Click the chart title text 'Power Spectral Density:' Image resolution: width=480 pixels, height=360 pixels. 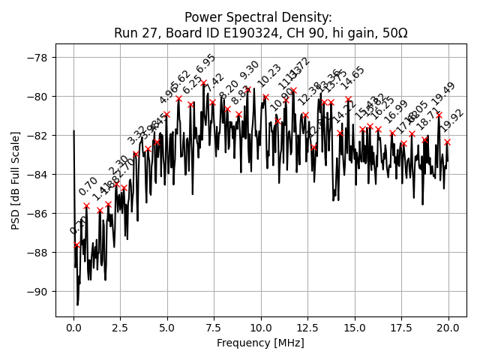tap(258, 17)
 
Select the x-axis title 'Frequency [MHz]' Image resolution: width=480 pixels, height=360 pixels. tap(260, 343)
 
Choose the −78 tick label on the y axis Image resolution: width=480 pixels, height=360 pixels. tap(37, 58)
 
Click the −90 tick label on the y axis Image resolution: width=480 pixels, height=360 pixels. tap(37, 292)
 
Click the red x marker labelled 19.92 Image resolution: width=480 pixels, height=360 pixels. tap(447, 142)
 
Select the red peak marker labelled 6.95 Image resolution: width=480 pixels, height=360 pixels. tap(203, 82)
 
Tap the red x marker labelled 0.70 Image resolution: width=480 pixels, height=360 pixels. tap(86, 205)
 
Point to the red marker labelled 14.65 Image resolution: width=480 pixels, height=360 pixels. tap(348, 98)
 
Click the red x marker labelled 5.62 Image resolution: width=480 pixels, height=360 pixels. tap(178, 98)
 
